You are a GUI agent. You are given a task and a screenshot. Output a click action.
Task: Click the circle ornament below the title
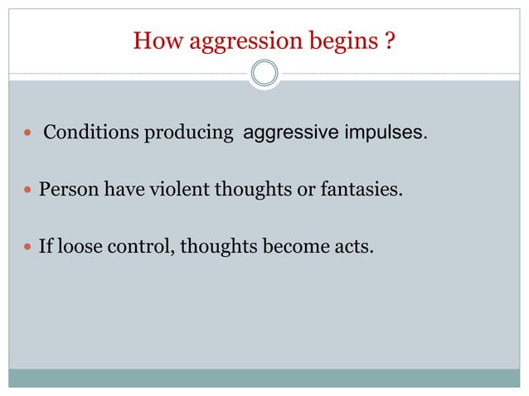pyautogui.click(x=264, y=74)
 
